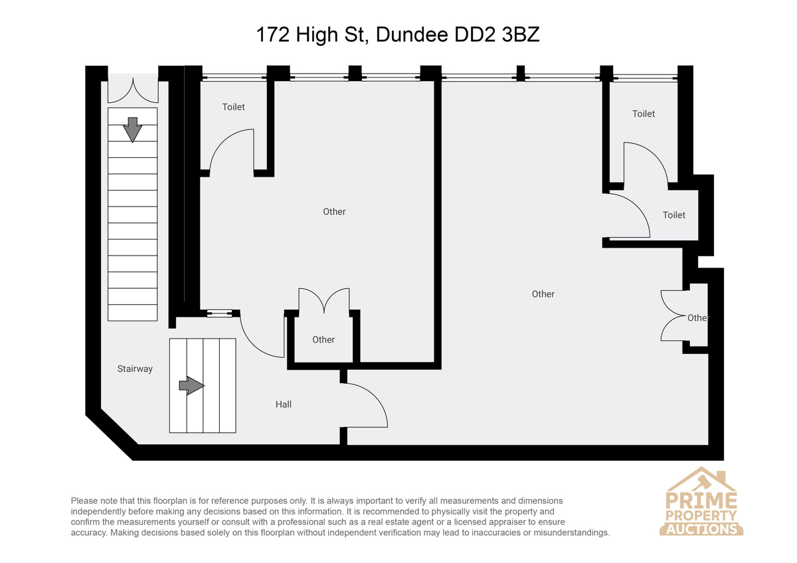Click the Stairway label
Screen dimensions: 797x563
click(x=135, y=369)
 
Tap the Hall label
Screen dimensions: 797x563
click(x=283, y=404)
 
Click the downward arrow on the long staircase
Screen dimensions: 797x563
click(x=132, y=130)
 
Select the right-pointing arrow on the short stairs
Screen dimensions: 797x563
click(x=191, y=386)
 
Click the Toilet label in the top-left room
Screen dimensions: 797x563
click(x=233, y=107)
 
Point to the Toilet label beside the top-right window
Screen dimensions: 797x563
click(x=644, y=114)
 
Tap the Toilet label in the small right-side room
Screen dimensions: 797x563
click(x=674, y=215)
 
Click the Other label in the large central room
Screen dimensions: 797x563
click(x=334, y=212)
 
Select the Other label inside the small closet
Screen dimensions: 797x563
click(x=323, y=340)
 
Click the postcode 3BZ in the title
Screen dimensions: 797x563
click(x=521, y=35)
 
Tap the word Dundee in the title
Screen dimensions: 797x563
click(x=412, y=35)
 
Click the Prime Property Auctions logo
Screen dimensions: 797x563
click(x=701, y=501)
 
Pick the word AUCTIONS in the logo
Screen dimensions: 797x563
click(x=701, y=529)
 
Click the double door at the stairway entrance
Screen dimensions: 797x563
click(x=133, y=91)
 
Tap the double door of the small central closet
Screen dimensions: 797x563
click(x=324, y=299)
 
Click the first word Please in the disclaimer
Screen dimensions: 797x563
click(x=84, y=501)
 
